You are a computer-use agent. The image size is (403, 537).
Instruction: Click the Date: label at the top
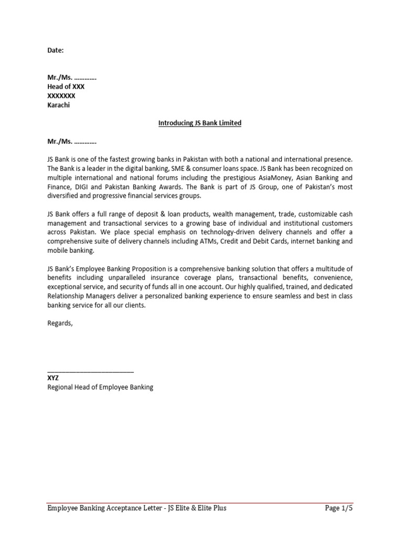(55, 51)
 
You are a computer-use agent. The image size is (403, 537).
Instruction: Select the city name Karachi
(58, 105)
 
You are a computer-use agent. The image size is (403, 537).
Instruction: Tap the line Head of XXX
(66, 87)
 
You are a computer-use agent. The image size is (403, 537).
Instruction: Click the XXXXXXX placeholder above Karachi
(61, 96)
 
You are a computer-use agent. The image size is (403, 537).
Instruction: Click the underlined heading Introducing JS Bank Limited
(200, 123)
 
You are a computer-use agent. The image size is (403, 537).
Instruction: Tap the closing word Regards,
(60, 323)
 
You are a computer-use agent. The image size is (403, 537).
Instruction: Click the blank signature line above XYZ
(90, 371)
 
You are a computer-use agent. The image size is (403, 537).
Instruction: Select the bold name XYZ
(53, 378)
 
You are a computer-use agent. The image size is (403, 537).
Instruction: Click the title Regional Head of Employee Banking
(100, 388)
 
